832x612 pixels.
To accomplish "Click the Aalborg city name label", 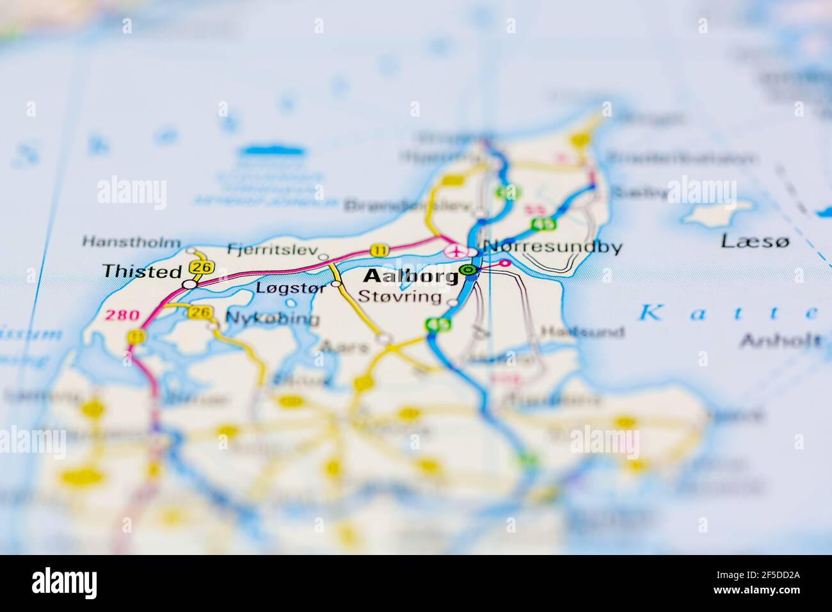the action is (410, 277).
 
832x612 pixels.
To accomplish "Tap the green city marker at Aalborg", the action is (468, 271).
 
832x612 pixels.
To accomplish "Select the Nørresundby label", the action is (552, 246).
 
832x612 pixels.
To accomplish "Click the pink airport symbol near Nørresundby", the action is (455, 250).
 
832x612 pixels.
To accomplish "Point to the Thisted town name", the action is (143, 271).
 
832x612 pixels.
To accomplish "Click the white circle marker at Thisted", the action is (189, 284).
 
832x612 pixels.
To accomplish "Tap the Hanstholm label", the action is (131, 242).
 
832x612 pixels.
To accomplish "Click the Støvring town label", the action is (400, 296).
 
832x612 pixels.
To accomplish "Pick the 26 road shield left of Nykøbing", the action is (200, 312).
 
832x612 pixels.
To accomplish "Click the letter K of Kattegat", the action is (652, 313).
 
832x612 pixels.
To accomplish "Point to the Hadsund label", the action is (582, 332).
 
